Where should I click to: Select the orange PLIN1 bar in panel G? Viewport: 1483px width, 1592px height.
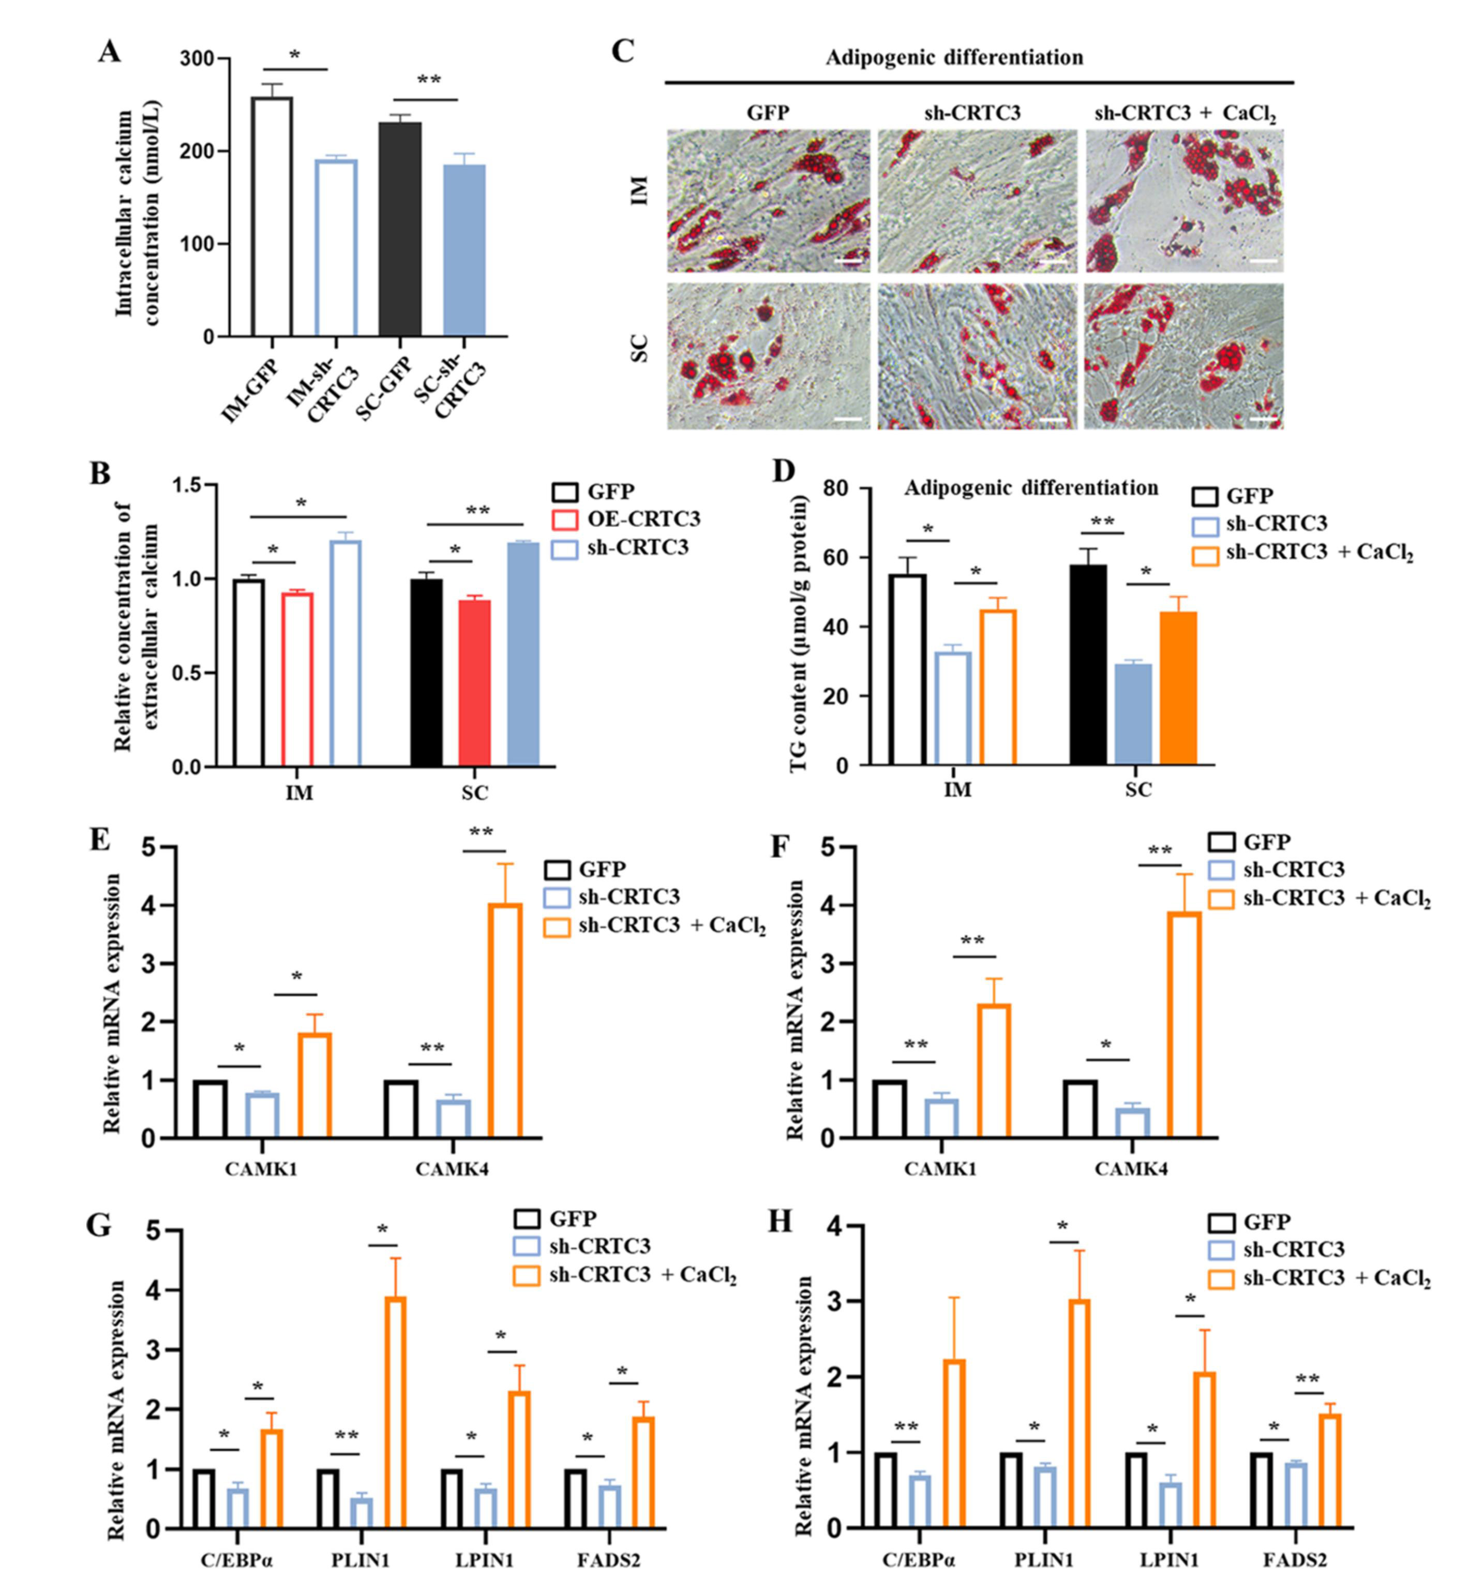point(395,1411)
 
